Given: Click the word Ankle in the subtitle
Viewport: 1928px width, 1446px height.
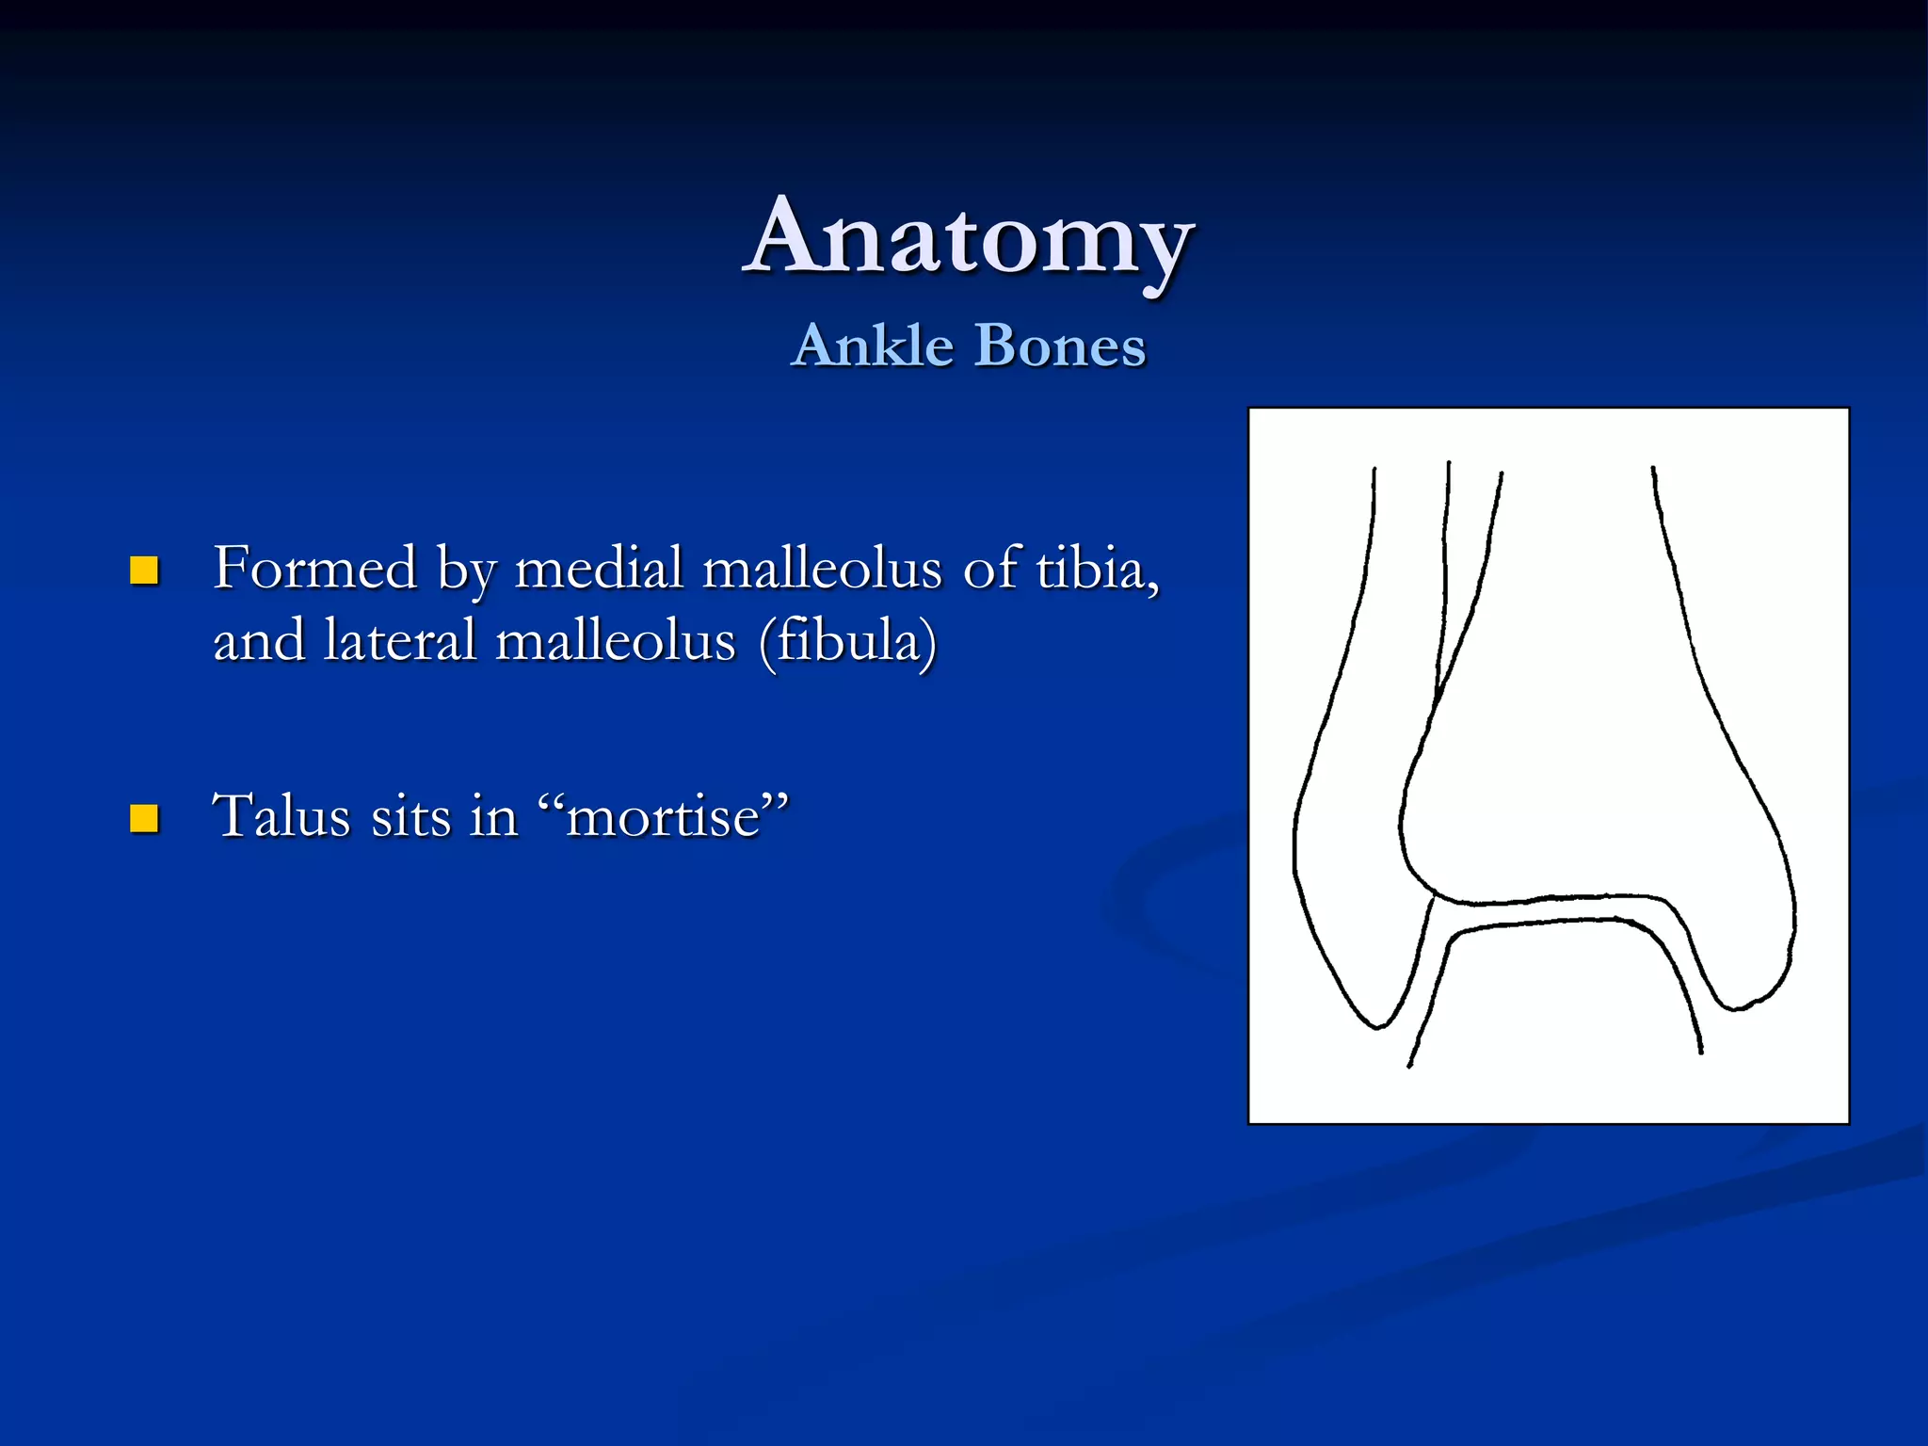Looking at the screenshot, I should [x=873, y=345].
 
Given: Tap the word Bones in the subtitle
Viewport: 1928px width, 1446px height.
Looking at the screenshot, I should [x=1059, y=345].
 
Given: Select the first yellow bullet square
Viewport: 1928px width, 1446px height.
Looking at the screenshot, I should [x=144, y=570].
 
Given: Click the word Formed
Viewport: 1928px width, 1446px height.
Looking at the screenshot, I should [x=314, y=568].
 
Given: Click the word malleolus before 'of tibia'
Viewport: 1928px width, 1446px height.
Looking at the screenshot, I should [x=822, y=568].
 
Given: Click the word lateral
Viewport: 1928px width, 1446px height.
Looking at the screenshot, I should [x=399, y=641].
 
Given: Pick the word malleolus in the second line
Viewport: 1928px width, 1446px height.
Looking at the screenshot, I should [x=615, y=641].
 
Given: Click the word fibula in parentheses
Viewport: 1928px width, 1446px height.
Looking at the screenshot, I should [x=848, y=641].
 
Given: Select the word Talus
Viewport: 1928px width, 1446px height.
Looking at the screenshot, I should [x=281, y=815].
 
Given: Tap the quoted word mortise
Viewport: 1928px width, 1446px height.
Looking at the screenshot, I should [x=663, y=815].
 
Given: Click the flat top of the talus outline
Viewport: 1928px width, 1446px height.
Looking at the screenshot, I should [x=1563, y=922].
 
